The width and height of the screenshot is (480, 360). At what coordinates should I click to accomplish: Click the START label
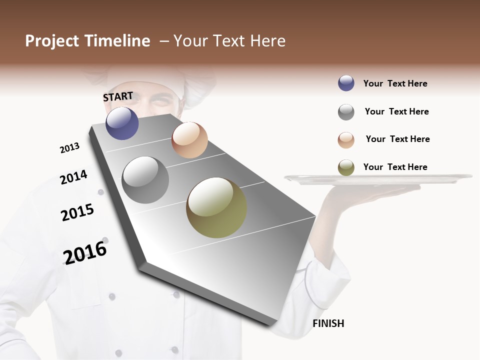pyautogui.click(x=118, y=96)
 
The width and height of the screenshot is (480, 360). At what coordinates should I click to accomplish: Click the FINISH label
pyautogui.click(x=328, y=323)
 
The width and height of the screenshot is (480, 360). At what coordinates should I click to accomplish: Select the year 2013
pyautogui.click(x=69, y=148)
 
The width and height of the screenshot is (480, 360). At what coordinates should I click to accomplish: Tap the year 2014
pyautogui.click(x=73, y=177)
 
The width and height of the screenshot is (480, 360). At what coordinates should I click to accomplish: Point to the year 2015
pyautogui.click(x=77, y=212)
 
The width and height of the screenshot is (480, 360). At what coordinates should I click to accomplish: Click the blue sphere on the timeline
pyautogui.click(x=122, y=123)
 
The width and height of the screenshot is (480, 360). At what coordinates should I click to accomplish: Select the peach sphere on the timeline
pyautogui.click(x=189, y=140)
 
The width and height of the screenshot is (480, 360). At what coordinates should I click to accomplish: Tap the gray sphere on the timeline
pyautogui.click(x=145, y=180)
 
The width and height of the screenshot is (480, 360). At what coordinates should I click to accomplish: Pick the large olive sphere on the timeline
pyautogui.click(x=216, y=207)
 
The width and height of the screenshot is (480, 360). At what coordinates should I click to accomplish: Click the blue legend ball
pyautogui.click(x=346, y=83)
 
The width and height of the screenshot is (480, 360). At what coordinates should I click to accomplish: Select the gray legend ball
pyautogui.click(x=346, y=112)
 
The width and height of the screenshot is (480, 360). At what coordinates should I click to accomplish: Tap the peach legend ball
pyautogui.click(x=346, y=140)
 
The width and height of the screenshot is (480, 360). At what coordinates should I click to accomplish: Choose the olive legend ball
pyautogui.click(x=346, y=167)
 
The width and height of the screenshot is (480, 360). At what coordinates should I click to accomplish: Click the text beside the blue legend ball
pyautogui.click(x=395, y=83)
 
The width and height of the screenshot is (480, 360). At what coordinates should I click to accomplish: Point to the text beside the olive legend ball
pyautogui.click(x=395, y=167)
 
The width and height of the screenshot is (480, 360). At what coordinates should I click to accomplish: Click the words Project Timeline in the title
pyautogui.click(x=87, y=41)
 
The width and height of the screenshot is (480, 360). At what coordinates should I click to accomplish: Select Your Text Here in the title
pyautogui.click(x=229, y=41)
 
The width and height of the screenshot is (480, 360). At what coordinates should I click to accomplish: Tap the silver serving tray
pyautogui.click(x=378, y=178)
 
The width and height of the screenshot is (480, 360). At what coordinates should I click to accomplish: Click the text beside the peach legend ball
pyautogui.click(x=397, y=139)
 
